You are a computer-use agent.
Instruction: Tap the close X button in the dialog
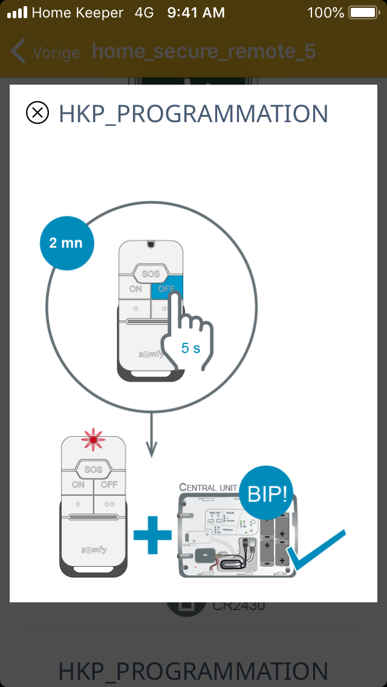37,113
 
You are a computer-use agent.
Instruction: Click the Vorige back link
45,52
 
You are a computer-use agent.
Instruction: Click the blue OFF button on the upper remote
166,289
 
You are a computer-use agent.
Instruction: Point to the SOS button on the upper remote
151,274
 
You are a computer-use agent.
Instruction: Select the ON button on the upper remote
135,289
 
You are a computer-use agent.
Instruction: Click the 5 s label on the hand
191,348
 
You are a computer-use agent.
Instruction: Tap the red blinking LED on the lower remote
93,440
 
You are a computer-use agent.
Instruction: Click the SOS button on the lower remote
93,469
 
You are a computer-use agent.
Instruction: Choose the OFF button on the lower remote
109,484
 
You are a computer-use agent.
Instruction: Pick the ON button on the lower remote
78,484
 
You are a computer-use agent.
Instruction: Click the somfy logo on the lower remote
94,550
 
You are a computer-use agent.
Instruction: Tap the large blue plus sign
152,533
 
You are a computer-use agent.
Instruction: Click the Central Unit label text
207,486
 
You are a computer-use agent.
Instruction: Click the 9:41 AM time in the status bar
195,13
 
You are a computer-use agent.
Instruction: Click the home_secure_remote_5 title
204,51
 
